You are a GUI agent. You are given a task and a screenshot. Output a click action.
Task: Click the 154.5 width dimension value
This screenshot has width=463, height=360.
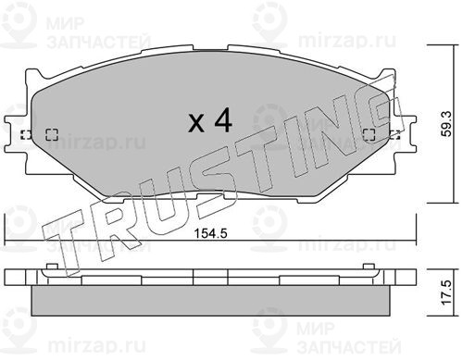pyautogui.click(x=211, y=233)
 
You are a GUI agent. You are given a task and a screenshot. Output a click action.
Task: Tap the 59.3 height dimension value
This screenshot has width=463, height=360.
pyautogui.click(x=446, y=124)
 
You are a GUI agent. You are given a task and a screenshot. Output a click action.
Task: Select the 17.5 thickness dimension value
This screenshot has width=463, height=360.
pyautogui.click(x=446, y=292)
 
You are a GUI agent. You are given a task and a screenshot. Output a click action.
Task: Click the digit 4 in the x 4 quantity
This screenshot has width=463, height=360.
pyautogui.click(x=223, y=120)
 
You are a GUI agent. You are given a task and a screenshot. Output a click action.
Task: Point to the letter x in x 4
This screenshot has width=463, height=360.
pyautogui.click(x=196, y=123)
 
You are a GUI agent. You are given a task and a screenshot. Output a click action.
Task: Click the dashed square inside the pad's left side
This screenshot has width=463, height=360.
pyautogui.click(x=52, y=134)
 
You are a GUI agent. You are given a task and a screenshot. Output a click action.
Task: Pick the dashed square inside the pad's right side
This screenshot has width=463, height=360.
pyautogui.click(x=369, y=135)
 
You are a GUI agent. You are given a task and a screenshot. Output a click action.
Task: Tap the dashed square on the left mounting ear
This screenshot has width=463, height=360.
pyautogui.click(x=26, y=135)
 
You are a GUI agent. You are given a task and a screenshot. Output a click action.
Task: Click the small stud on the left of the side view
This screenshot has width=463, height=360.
pyautogui.click(x=52, y=267)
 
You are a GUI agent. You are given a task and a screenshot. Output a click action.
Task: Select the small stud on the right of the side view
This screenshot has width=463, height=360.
pyautogui.click(x=369, y=267)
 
